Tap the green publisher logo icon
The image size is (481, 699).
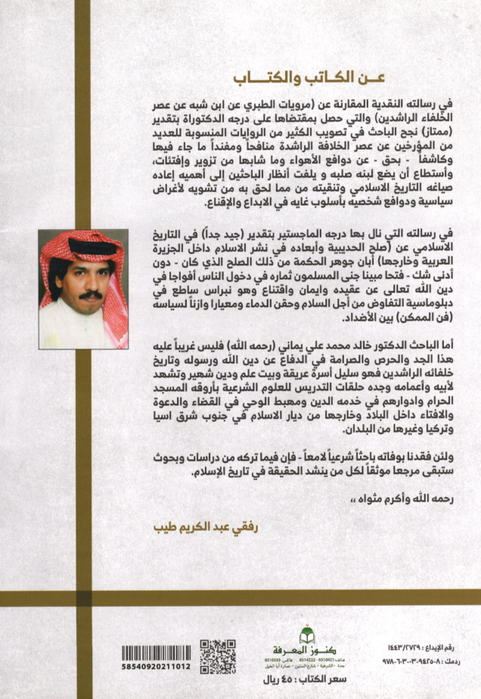306,633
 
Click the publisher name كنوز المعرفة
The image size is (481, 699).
306,649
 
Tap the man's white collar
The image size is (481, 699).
85,318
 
